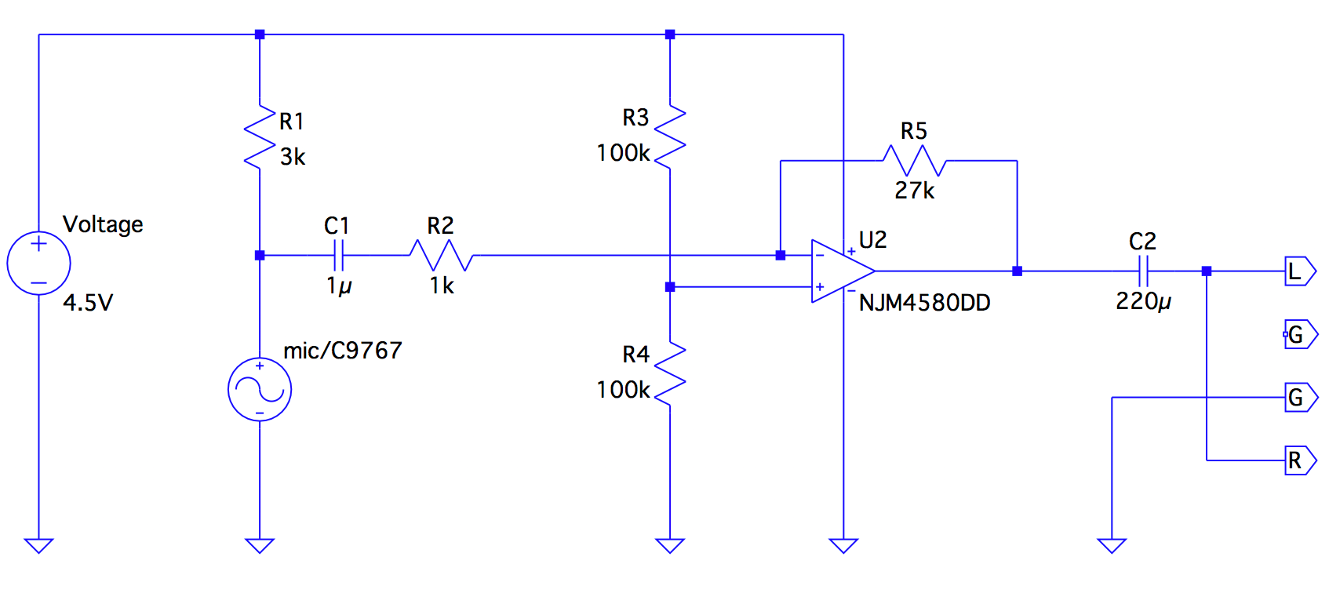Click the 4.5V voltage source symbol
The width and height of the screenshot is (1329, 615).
(x=38, y=264)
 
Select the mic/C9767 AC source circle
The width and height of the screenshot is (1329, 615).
(x=260, y=390)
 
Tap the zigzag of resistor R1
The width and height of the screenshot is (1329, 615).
(x=260, y=137)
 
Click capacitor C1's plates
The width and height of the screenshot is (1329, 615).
(x=339, y=256)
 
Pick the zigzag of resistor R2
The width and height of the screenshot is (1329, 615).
(x=442, y=256)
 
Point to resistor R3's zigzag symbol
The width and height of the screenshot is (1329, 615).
(x=670, y=137)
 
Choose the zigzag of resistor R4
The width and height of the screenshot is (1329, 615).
(x=670, y=373)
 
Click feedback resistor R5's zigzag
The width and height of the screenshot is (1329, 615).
(x=914, y=161)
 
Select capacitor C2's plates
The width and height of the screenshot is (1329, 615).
(x=1143, y=271)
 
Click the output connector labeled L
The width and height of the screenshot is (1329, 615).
(x=1301, y=271)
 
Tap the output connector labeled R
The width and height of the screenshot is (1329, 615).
(x=1301, y=460)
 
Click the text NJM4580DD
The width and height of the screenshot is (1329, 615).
(x=924, y=303)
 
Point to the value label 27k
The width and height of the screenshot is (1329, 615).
(x=914, y=191)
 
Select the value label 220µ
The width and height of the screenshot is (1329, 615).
(x=1143, y=302)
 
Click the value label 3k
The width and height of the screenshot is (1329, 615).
(x=293, y=157)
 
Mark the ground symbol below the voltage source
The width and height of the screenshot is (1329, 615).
(x=38, y=546)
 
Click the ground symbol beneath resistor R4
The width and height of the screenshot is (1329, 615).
(x=670, y=546)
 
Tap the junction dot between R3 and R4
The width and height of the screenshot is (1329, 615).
(x=670, y=287)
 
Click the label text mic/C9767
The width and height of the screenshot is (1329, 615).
(x=343, y=351)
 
